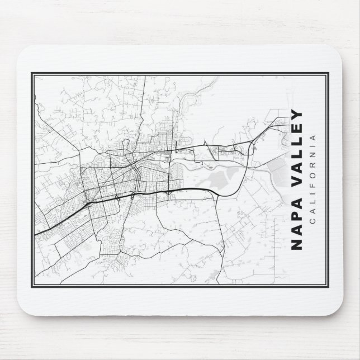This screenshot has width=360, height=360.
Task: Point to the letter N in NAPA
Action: (x=297, y=244)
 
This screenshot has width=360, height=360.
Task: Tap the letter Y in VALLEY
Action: (x=297, y=115)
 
